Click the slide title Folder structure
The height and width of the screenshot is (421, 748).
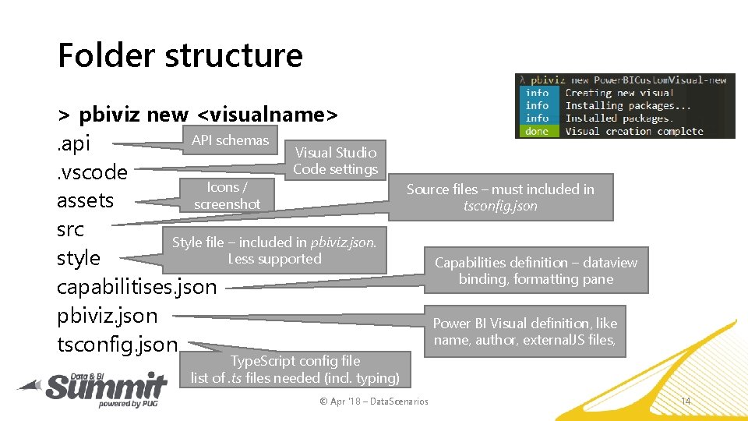(x=180, y=55)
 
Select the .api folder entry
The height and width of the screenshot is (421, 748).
(x=74, y=143)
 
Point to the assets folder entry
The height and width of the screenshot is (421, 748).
(x=86, y=200)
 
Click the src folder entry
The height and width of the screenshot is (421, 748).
(x=71, y=229)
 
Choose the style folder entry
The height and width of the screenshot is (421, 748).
(x=79, y=258)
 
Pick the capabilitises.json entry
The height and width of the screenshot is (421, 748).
(x=137, y=287)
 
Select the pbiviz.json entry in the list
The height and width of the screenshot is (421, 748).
(x=108, y=316)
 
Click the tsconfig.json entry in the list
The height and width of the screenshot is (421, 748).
(x=118, y=345)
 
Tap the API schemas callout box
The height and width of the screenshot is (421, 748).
(x=230, y=140)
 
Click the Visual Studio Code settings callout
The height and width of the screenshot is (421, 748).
(x=335, y=161)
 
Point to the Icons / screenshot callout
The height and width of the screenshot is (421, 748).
(x=228, y=195)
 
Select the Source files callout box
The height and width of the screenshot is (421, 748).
(x=500, y=197)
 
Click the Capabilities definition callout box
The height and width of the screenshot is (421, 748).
(x=535, y=271)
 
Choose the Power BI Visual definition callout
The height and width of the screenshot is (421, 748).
(x=524, y=331)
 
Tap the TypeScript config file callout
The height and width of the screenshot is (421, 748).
(x=295, y=370)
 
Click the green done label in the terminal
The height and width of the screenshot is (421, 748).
(x=537, y=131)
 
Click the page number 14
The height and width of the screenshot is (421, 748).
(x=686, y=401)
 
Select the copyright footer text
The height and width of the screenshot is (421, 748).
(x=374, y=402)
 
